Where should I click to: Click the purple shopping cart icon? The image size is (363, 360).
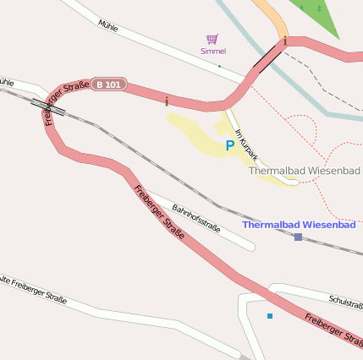pyautogui.click(x=212, y=39)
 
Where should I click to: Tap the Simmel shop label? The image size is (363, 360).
pyautogui.click(x=213, y=52)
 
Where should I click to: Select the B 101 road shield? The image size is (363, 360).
pyautogui.click(x=109, y=85)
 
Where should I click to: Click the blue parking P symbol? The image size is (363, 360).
pyautogui.click(x=229, y=145)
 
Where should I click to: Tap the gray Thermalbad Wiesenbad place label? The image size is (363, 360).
pyautogui.click(x=304, y=171)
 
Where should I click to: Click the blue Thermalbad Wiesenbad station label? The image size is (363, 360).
pyautogui.click(x=299, y=225)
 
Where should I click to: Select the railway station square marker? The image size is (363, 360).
pyautogui.click(x=298, y=237)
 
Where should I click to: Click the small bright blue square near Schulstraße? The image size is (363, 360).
pyautogui.click(x=270, y=316)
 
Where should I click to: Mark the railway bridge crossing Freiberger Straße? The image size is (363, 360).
pyautogui.click(x=48, y=105)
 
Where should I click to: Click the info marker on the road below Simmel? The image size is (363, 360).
pyautogui.click(x=167, y=101)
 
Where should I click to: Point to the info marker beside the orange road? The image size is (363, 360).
pyautogui.click(x=286, y=41)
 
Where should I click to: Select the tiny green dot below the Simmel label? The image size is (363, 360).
pyautogui.click(x=219, y=66)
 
